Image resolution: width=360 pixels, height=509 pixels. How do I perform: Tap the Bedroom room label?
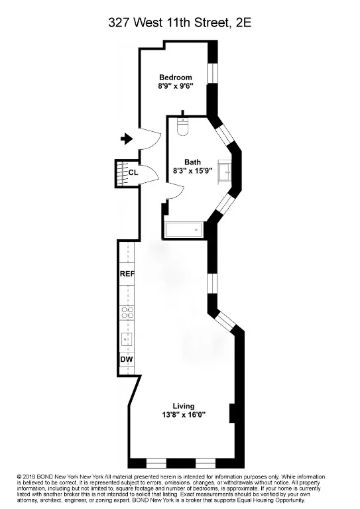pos(176,78)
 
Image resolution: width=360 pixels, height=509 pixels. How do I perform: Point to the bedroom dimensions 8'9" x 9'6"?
pos(176,86)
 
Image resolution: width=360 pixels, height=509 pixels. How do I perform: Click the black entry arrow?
pos(126,139)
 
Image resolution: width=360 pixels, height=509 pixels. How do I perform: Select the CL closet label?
pos(133,172)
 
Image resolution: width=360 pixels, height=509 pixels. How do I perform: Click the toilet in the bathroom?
pos(184,125)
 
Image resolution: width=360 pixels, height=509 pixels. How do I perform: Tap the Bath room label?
pos(192,162)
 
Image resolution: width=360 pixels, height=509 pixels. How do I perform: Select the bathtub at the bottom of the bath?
pos(184,230)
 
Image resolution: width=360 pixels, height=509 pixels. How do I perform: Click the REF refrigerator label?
pos(127,274)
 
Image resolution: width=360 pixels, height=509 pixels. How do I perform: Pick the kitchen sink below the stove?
pos(127,340)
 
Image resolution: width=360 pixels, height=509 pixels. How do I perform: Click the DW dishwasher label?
pos(127,360)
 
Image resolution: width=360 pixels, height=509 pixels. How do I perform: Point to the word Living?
pos(183,406)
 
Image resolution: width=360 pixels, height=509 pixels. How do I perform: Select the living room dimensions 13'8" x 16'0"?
pos(183,416)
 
